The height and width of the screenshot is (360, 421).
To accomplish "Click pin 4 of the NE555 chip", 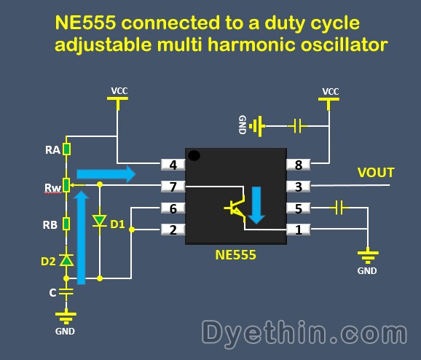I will pyautogui.click(x=173, y=165).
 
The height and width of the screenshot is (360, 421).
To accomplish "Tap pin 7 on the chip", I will pyautogui.click(x=173, y=187).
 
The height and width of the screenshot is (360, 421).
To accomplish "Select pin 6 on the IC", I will pyautogui.click(x=173, y=208).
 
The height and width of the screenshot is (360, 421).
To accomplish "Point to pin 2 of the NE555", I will pyautogui.click(x=173, y=230).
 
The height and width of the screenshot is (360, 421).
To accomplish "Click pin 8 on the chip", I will pyautogui.click(x=299, y=165).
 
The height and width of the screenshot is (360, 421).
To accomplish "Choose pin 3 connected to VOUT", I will pyautogui.click(x=299, y=187).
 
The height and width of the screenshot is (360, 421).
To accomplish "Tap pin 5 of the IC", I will pyautogui.click(x=299, y=208).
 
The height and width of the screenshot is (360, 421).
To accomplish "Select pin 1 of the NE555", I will pyautogui.click(x=299, y=230).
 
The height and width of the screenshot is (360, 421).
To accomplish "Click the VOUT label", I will pyautogui.click(x=375, y=173).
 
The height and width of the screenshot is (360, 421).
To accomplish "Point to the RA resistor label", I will pyautogui.click(x=52, y=151).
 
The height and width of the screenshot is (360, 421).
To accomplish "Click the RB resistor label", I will pyautogui.click(x=52, y=224).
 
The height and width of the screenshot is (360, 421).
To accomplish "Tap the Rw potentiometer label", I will pyautogui.click(x=52, y=188).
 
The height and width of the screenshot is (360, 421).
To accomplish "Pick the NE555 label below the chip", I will pyautogui.click(x=235, y=256).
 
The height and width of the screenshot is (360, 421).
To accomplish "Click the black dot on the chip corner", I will pyautogui.click(x=194, y=155).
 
